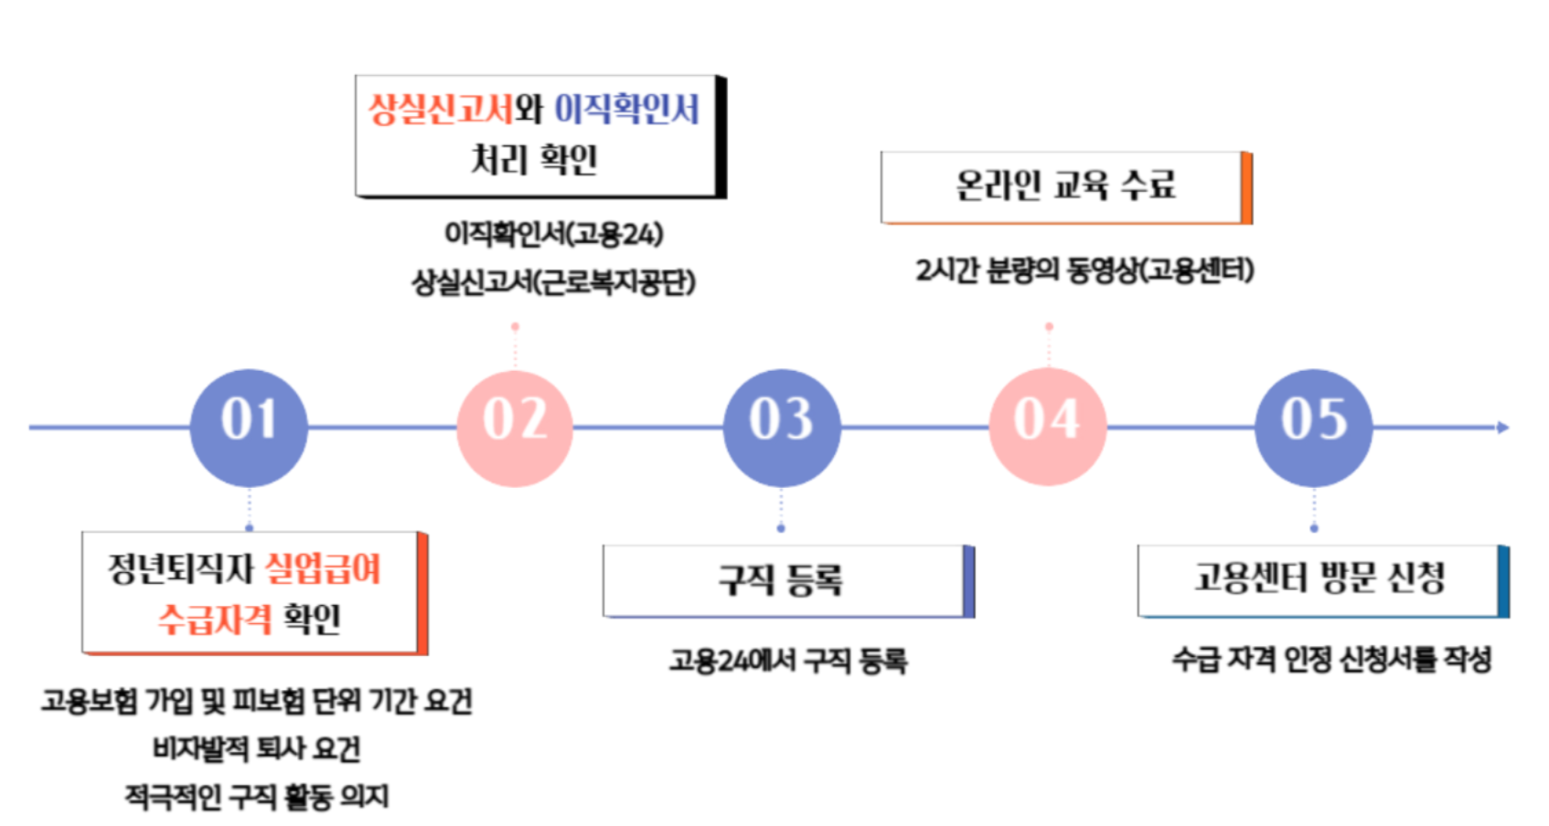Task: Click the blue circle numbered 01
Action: tap(249, 427)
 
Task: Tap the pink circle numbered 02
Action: tap(515, 427)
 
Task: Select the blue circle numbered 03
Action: tap(781, 427)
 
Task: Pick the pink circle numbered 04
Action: tap(1048, 427)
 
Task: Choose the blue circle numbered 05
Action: tap(1313, 427)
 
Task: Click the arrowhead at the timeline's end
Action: tap(1502, 427)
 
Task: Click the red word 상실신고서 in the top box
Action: tap(441, 110)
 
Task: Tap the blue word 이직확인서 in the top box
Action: tap(627, 110)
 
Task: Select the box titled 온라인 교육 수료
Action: tap(1065, 186)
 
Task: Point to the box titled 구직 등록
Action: tap(787, 580)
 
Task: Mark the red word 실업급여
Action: tap(323, 568)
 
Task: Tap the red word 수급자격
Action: tap(215, 619)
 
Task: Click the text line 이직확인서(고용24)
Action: tap(553, 235)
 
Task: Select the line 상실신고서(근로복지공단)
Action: tap(553, 282)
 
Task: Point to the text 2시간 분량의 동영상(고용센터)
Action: tap(1084, 270)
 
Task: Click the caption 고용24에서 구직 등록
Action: tap(788, 661)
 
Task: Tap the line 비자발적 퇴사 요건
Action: tap(257, 749)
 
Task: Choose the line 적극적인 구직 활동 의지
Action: tap(257, 797)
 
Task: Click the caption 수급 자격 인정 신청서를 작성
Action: tap(1331, 659)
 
